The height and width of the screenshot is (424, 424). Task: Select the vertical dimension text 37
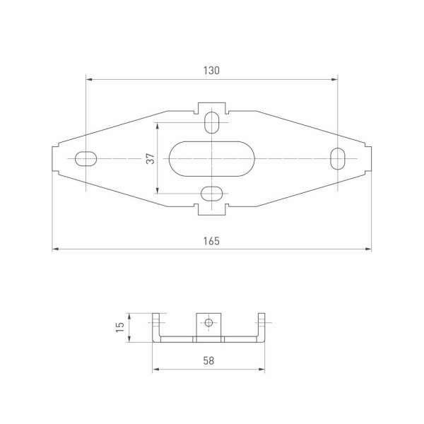150,158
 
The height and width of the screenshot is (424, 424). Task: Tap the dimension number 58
208,360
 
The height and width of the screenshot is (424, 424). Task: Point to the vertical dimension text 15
120,326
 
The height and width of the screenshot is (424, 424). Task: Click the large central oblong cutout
211,158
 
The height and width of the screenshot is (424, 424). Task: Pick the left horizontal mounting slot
86,158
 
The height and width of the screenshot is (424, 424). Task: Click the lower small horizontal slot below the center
211,193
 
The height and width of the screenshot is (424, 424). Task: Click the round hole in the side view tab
208,323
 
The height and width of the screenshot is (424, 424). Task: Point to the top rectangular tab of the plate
211,106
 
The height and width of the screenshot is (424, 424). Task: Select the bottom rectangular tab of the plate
211,210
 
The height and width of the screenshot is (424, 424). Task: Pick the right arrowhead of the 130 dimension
335,79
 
